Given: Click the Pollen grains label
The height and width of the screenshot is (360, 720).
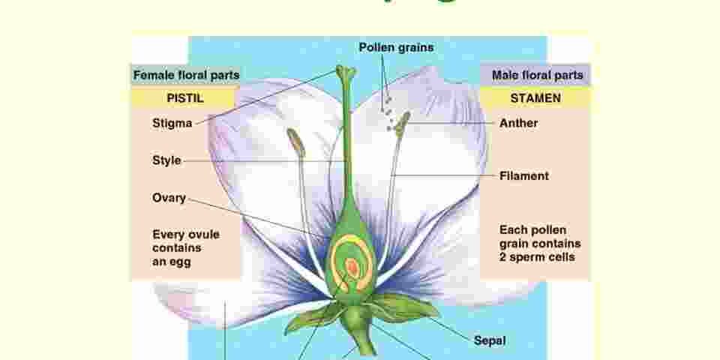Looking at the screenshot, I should click(395, 47).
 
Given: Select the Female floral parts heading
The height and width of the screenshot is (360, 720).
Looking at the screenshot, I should click(186, 75).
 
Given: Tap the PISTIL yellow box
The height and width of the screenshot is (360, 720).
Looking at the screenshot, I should click(184, 98).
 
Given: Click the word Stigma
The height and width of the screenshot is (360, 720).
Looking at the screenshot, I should click(172, 123).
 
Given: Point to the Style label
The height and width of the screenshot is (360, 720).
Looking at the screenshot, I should click(166, 160).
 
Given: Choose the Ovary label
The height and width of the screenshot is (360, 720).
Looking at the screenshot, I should click(169, 198).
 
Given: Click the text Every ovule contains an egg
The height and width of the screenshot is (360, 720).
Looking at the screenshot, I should click(185, 247).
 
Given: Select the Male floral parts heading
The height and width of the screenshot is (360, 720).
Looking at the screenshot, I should click(537, 75).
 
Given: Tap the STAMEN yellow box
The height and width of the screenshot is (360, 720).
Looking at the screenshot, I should click(535, 98).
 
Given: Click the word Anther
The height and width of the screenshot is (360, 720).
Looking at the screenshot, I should click(518, 123).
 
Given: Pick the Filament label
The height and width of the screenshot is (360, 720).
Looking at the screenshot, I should click(523, 176).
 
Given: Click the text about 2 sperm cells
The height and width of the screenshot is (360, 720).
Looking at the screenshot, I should click(539, 243).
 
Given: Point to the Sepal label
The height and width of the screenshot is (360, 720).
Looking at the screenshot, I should click(490, 340).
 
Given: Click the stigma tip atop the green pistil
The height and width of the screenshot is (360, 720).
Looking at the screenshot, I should click(346, 73).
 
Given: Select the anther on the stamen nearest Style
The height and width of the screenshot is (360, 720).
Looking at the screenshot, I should click(295, 142).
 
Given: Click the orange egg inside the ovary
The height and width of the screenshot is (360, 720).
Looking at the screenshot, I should click(352, 266).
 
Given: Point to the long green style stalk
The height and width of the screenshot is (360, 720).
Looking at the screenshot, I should click(346, 150).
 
